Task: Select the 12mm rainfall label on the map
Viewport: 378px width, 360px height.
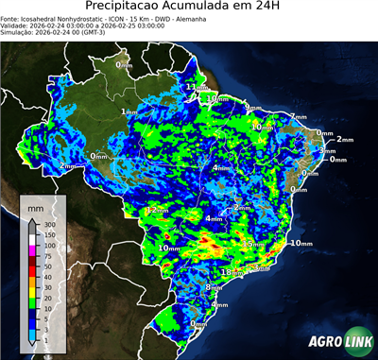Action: (157, 211)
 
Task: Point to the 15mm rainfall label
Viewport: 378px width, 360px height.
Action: (253, 244)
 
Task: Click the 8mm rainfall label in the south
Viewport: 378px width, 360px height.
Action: (214, 286)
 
